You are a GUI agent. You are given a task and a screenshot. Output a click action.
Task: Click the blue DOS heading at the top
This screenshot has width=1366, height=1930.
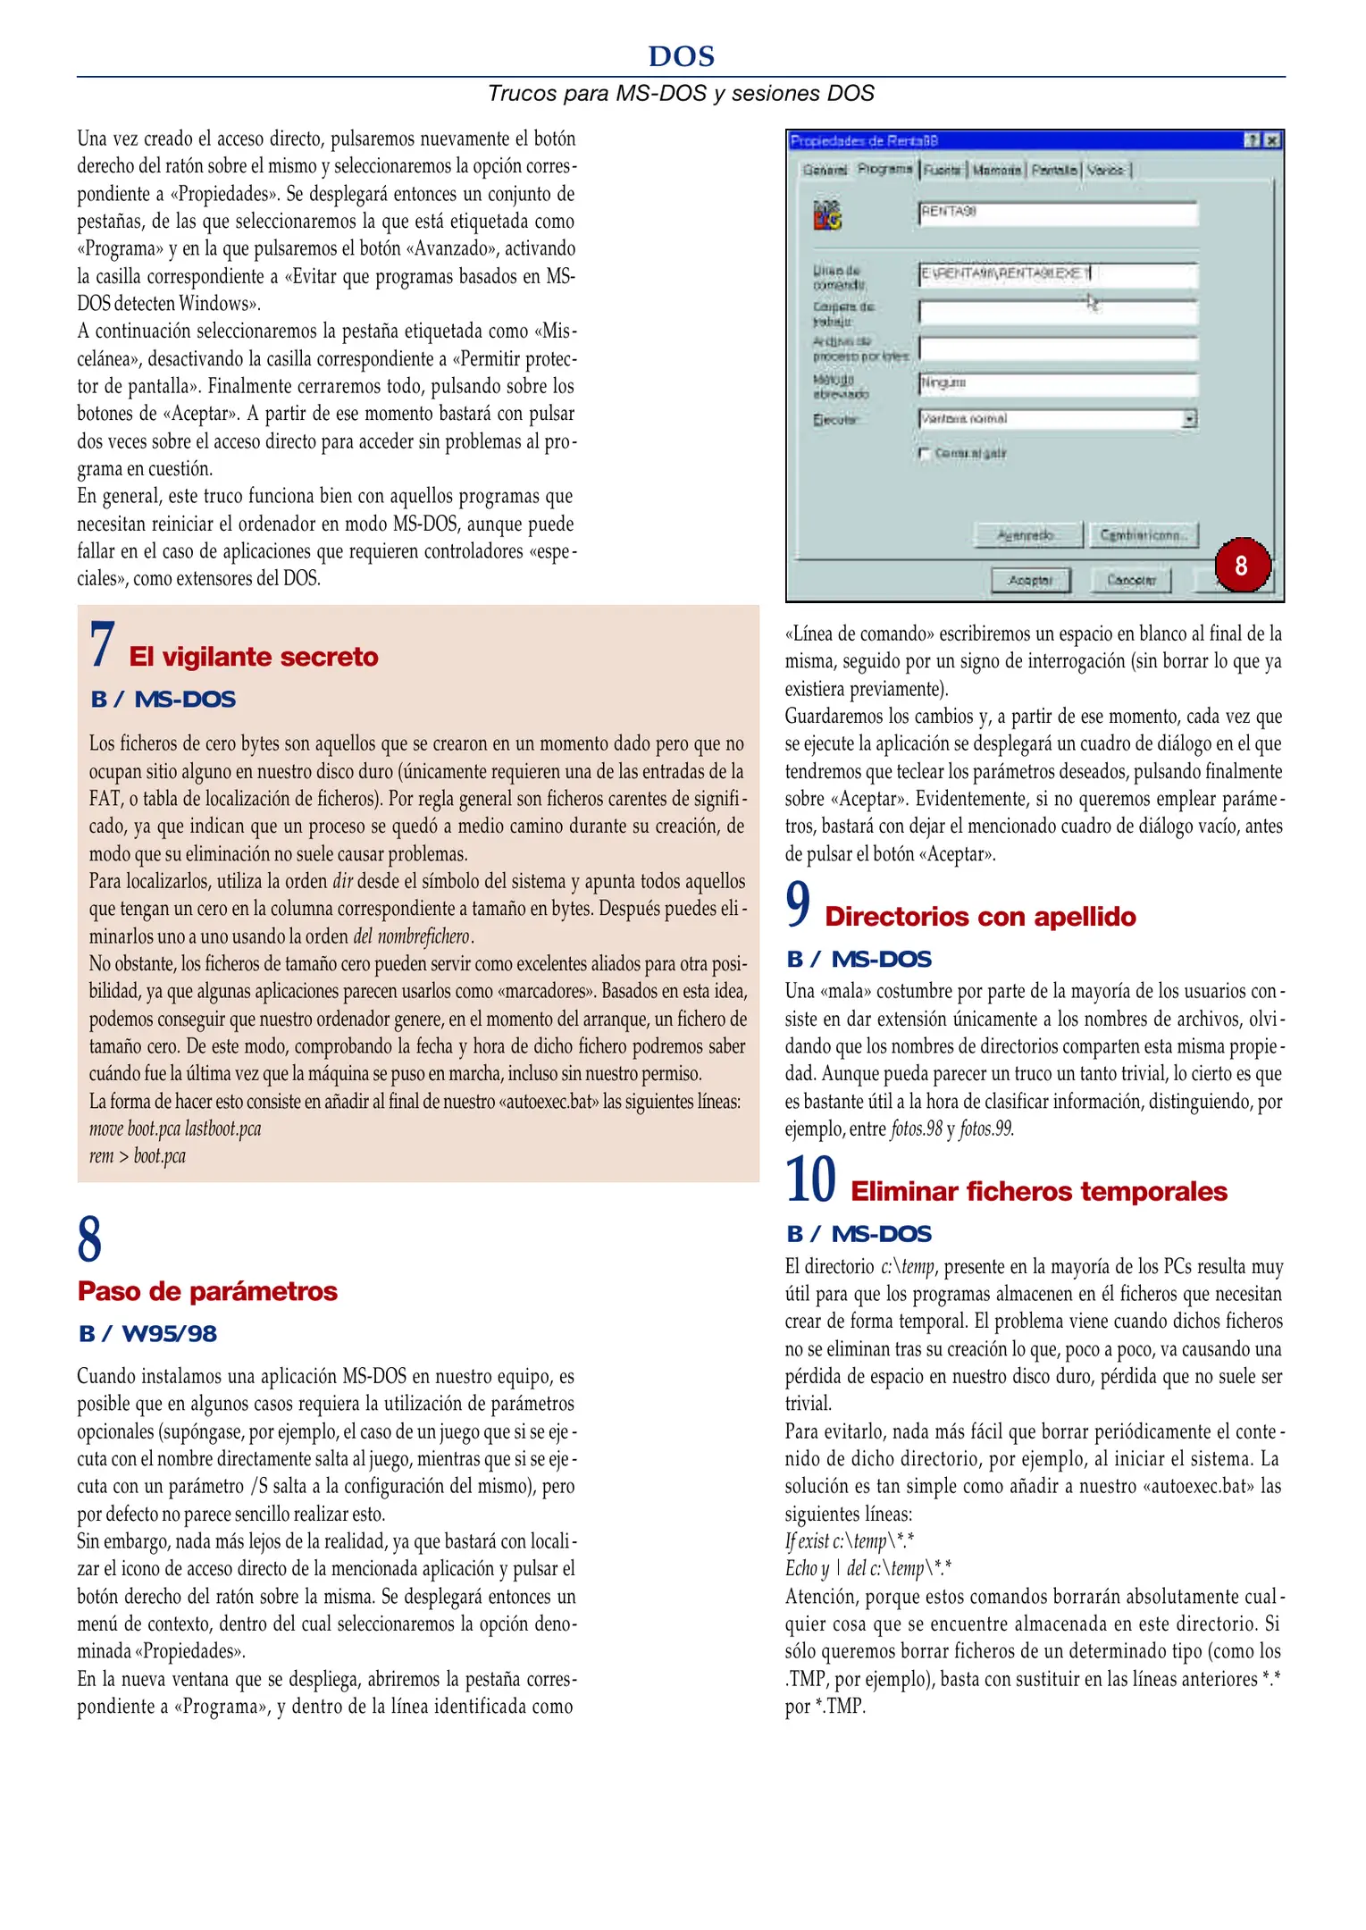pyautogui.click(x=681, y=56)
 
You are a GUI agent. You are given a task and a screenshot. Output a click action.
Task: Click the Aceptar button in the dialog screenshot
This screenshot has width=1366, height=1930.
pyautogui.click(x=1030, y=580)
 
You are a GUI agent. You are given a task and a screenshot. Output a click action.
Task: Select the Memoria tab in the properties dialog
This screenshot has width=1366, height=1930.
pyautogui.click(x=996, y=170)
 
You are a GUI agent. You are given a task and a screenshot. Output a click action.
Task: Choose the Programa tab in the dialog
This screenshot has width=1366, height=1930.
pyautogui.click(x=884, y=169)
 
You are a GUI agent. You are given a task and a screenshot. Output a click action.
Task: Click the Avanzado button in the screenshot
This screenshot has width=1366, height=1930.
pyautogui.click(x=1027, y=535)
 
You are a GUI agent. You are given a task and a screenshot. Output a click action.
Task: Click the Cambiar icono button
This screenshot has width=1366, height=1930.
pyautogui.click(x=1143, y=535)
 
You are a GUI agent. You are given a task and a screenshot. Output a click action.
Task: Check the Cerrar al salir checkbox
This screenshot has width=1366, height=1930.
pyautogui.click(x=925, y=454)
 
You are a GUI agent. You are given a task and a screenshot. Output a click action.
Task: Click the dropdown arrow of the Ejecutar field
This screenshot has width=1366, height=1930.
pyautogui.click(x=1189, y=419)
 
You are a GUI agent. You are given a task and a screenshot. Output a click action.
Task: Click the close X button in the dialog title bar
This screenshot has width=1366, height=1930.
pyautogui.click(x=1272, y=140)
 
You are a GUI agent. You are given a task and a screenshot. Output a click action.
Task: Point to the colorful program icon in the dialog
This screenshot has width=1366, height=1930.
pyautogui.click(x=827, y=214)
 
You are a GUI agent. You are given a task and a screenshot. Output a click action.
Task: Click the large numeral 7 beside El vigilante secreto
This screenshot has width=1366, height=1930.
pyautogui.click(x=101, y=646)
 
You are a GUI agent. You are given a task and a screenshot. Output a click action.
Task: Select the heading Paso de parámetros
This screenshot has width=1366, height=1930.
pyautogui.click(x=207, y=1291)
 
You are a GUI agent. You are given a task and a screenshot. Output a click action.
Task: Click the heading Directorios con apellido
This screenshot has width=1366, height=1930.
pyautogui.click(x=980, y=917)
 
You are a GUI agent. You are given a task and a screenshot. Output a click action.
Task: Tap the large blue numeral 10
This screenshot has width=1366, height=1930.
pyautogui.click(x=810, y=1180)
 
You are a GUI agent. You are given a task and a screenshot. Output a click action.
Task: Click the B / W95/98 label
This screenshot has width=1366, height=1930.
pyautogui.click(x=147, y=1334)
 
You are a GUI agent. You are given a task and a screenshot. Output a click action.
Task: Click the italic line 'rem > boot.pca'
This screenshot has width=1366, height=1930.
pyautogui.click(x=138, y=1156)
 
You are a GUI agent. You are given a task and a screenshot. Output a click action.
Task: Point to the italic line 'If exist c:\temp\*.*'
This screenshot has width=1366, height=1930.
pyautogui.click(x=849, y=1541)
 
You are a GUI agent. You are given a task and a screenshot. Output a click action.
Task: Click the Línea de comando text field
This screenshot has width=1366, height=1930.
pyautogui.click(x=1057, y=274)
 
